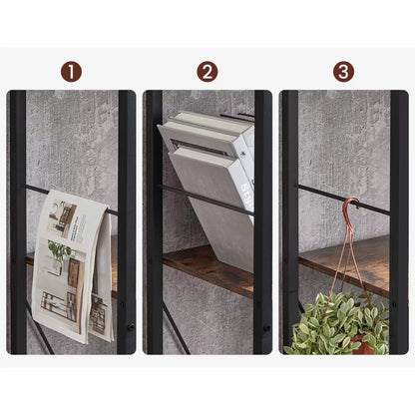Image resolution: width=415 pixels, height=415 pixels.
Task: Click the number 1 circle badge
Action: (71, 72)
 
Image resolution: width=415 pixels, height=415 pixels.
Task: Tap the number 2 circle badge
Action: (207, 72)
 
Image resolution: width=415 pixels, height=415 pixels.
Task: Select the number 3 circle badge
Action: (343, 72)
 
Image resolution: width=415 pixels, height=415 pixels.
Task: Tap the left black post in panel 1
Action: (17, 219)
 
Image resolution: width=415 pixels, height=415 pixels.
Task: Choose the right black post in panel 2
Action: (262, 219)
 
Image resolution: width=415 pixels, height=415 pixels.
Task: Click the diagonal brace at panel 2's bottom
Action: (175, 329)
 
